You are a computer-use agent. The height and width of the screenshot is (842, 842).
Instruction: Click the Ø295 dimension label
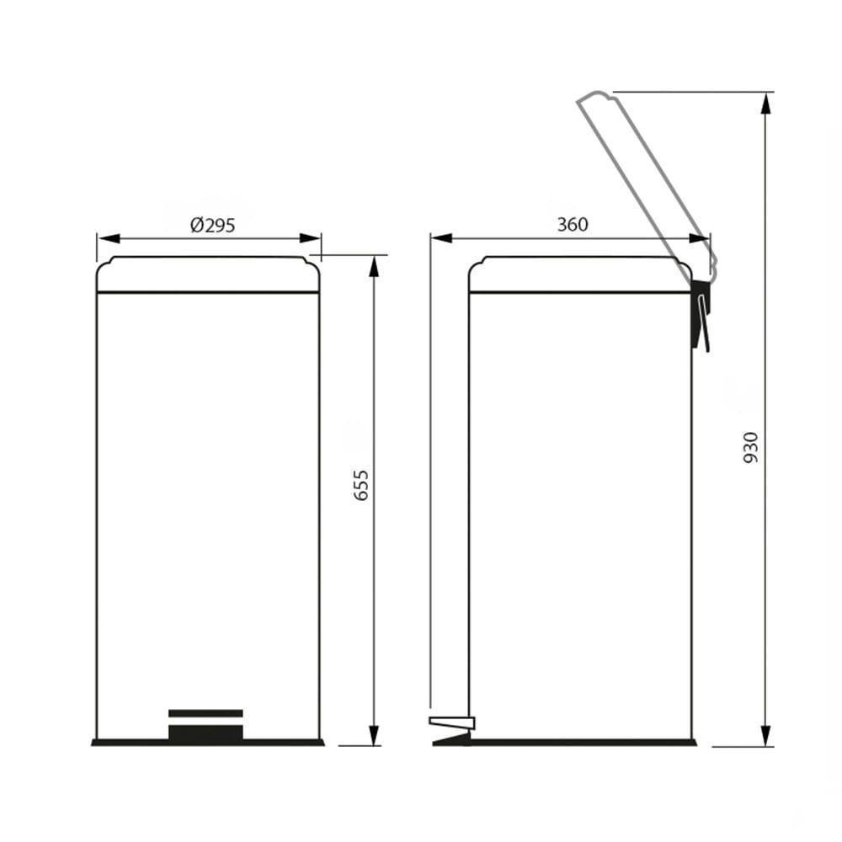pos(212,225)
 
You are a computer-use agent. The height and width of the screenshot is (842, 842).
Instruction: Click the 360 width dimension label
pos(573,224)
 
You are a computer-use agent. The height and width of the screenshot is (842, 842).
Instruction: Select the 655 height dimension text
pos(361,486)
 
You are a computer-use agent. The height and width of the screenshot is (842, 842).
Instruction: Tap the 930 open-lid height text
pos(751,449)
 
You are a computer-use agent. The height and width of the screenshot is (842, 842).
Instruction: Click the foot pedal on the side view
pos(451,722)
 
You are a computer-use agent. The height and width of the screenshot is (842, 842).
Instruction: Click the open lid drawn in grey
pos(645,177)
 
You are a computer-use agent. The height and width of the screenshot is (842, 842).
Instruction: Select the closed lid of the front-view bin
pos(208,274)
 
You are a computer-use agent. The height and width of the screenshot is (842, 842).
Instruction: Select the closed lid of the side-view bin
pos(579,274)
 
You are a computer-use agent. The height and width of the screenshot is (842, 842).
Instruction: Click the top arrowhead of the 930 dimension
pos(765,101)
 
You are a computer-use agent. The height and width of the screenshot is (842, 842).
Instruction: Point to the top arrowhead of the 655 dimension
pos(373,264)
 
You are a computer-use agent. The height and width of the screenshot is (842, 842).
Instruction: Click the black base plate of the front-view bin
pos(208,743)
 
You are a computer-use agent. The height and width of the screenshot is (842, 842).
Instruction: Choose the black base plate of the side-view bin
pos(581,743)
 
